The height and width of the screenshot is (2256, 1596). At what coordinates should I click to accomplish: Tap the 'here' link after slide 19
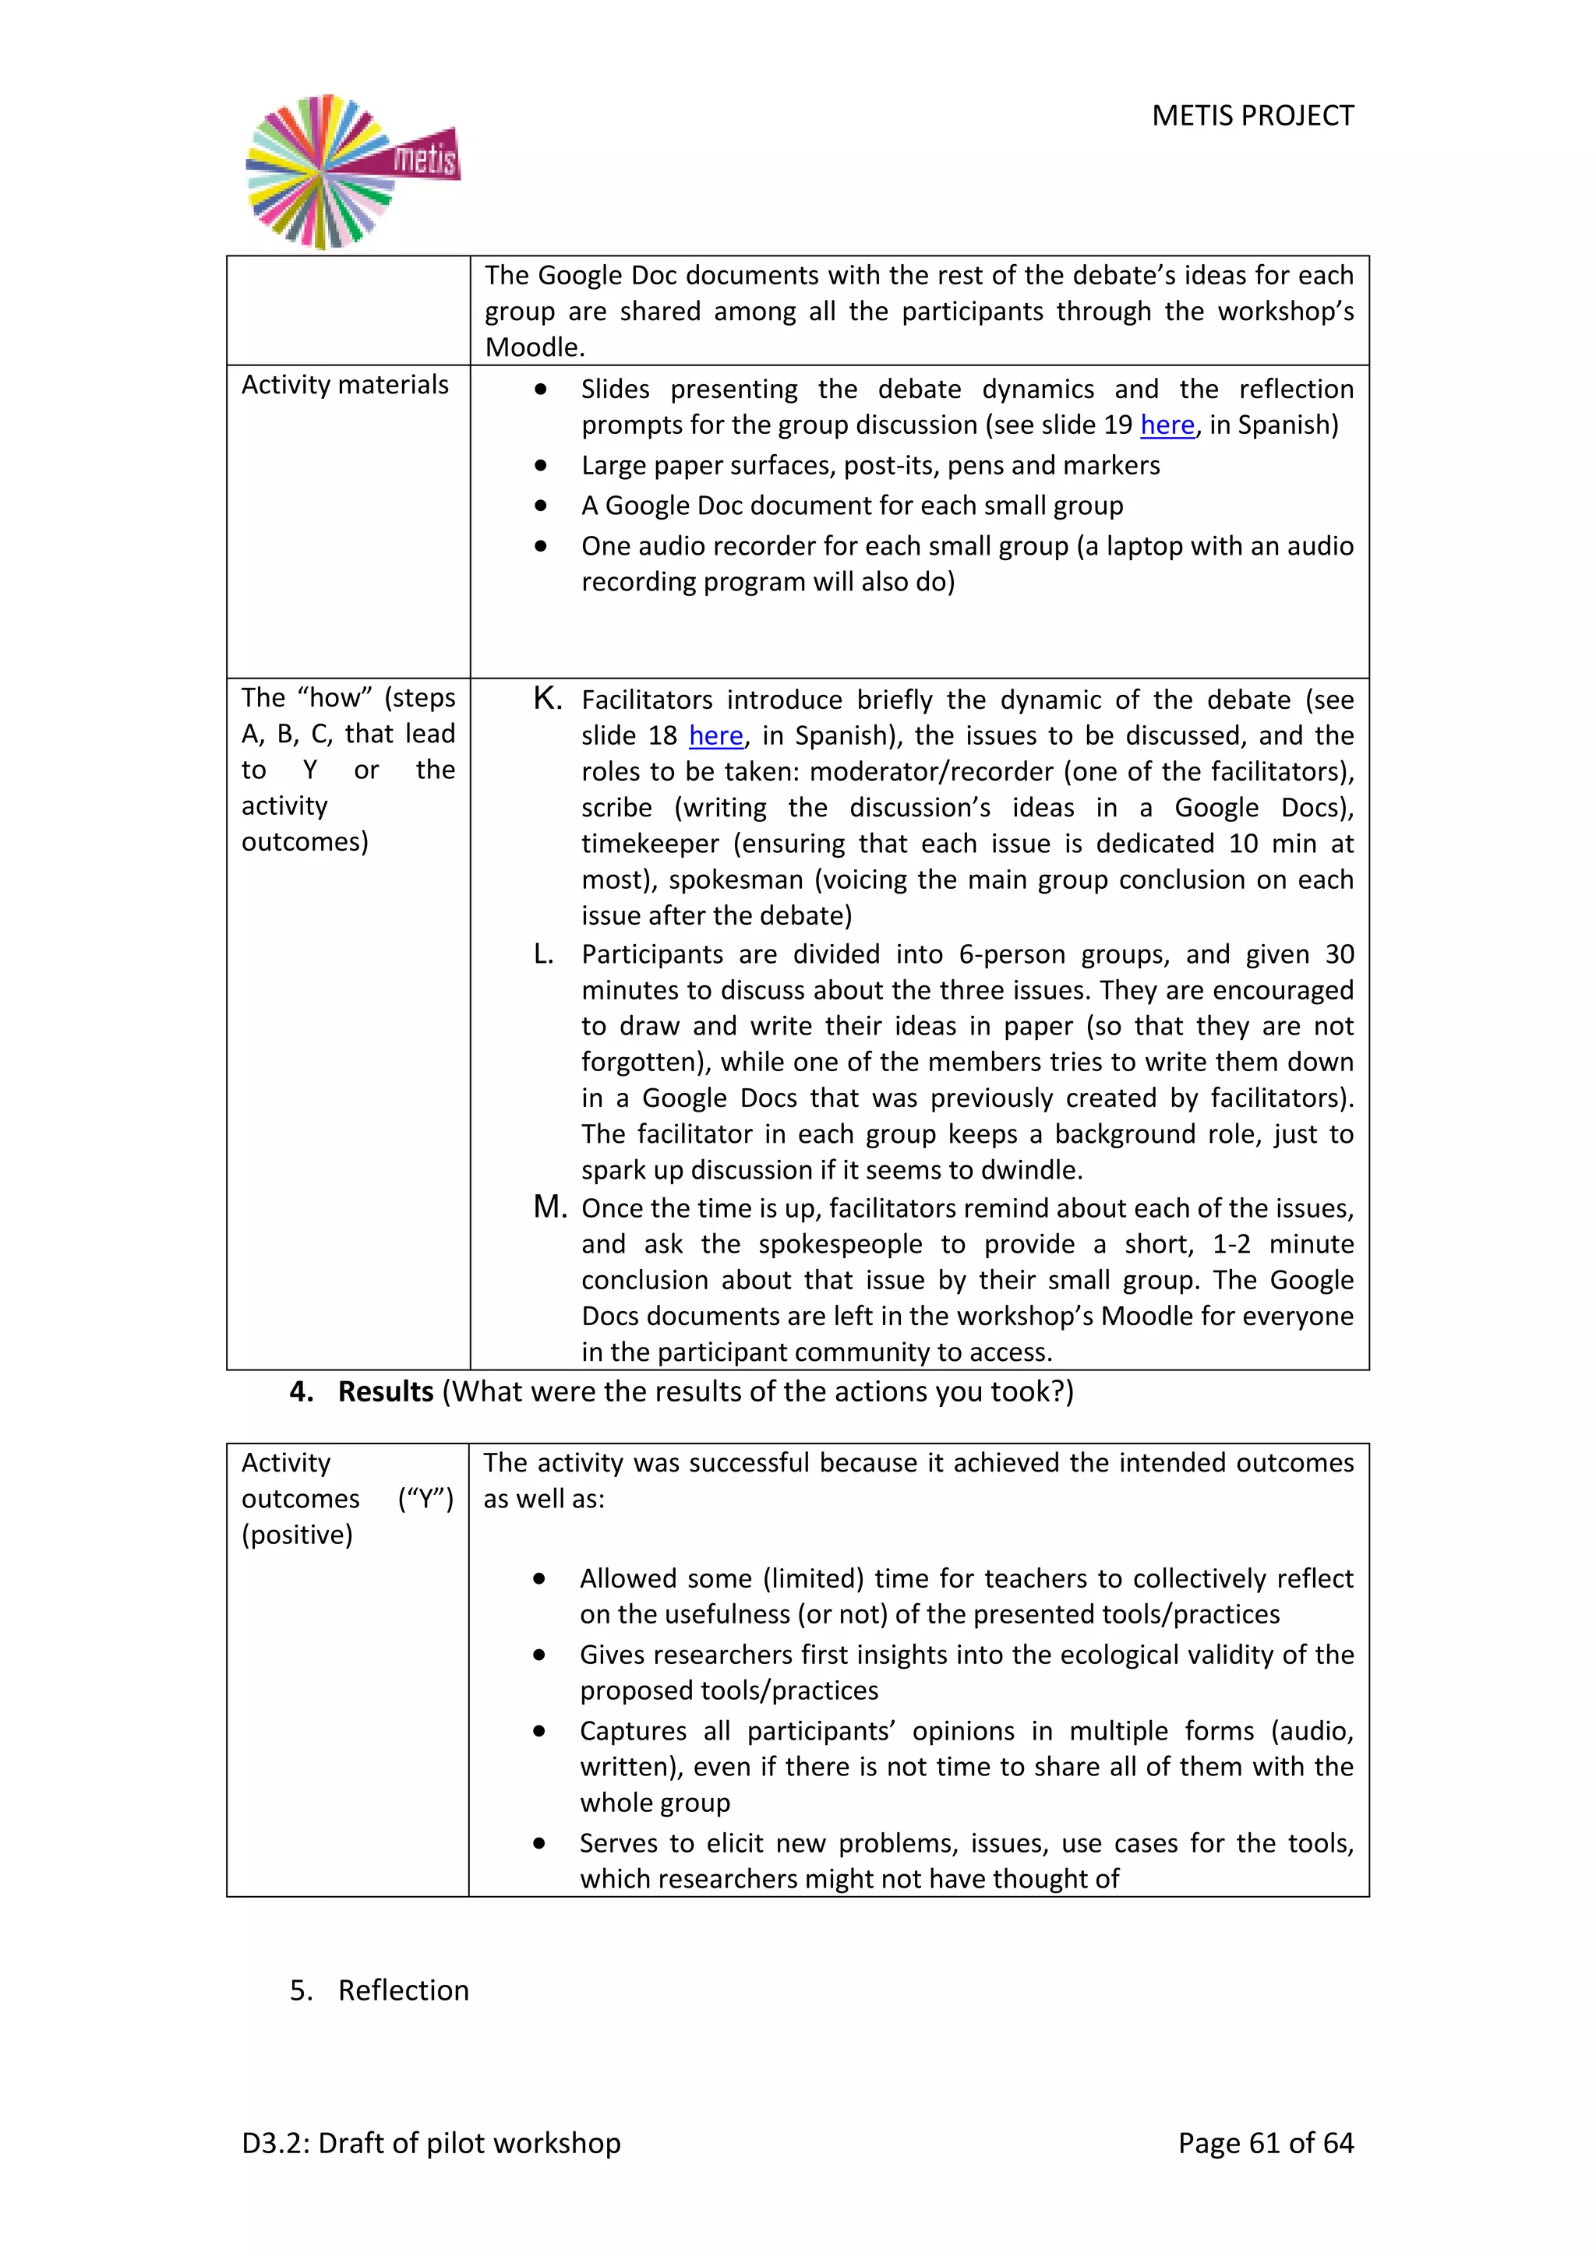pyautogui.click(x=1167, y=425)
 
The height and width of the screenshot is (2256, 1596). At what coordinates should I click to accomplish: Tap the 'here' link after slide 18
pyautogui.click(x=715, y=736)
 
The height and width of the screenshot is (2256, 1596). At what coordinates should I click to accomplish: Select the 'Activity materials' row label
pyautogui.click(x=345, y=385)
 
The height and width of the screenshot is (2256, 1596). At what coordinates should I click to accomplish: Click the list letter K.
pyautogui.click(x=546, y=699)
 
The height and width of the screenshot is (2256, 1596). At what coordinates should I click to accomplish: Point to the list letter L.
pyautogui.click(x=543, y=954)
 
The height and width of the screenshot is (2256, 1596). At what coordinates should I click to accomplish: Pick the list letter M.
pyautogui.click(x=549, y=1207)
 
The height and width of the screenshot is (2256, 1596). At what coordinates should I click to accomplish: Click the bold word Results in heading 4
pyautogui.click(x=385, y=1391)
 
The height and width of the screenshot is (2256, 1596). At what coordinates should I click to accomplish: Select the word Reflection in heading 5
pyautogui.click(x=403, y=1990)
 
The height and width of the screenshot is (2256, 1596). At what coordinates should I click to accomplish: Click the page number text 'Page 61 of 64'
pyautogui.click(x=1265, y=2143)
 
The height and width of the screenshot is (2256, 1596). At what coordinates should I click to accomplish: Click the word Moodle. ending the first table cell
pyautogui.click(x=535, y=348)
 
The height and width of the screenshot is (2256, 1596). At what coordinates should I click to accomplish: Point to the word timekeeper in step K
pyautogui.click(x=650, y=844)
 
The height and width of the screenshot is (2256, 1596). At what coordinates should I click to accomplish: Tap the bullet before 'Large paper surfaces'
pyautogui.click(x=541, y=466)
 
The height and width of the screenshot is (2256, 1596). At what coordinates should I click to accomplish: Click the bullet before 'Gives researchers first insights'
pyautogui.click(x=538, y=1655)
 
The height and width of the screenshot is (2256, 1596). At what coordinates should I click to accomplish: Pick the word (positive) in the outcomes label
pyautogui.click(x=297, y=1535)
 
